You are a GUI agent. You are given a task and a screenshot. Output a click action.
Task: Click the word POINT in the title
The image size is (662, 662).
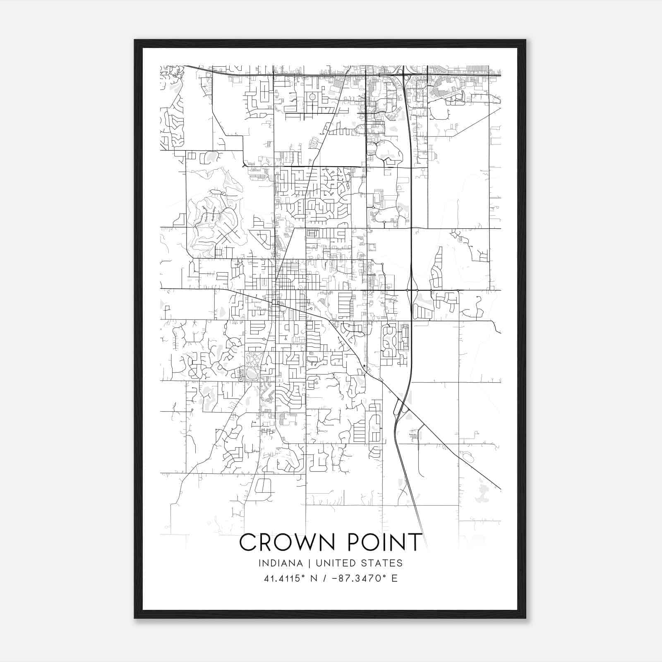point(384,542)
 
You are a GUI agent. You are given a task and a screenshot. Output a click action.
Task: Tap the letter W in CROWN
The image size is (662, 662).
point(306,542)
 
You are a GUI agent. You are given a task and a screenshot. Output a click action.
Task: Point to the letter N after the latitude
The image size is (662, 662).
point(314,578)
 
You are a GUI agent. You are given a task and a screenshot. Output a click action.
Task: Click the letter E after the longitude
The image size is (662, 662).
point(394,578)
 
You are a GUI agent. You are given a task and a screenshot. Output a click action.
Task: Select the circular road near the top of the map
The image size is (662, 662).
point(312,96)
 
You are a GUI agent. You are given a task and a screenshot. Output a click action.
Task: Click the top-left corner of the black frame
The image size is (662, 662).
point(135,40)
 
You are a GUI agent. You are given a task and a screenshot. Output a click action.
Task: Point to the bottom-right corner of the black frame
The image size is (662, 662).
point(525,618)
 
